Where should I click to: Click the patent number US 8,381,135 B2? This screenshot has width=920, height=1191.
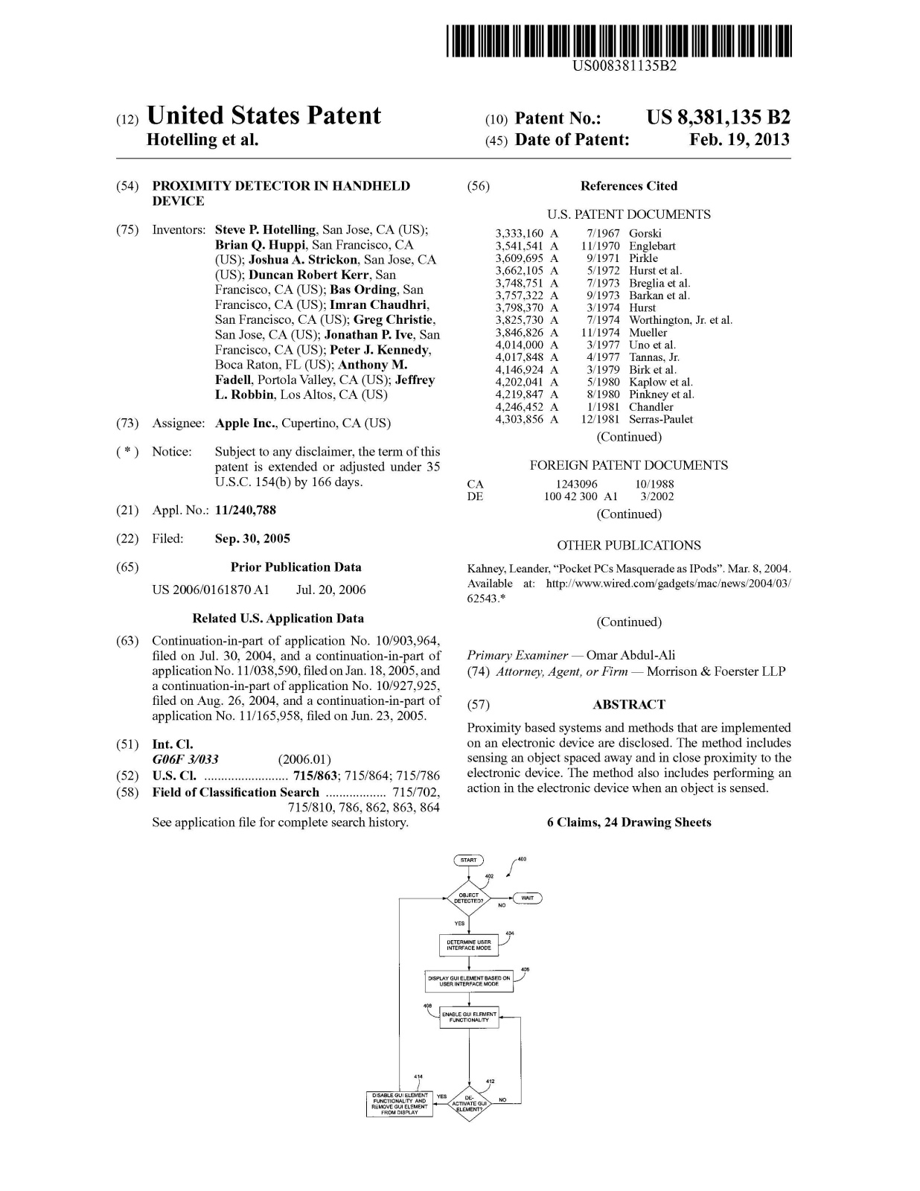[x=718, y=118]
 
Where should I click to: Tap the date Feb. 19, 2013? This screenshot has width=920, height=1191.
[x=739, y=140]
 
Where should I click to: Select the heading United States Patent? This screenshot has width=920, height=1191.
[x=264, y=116]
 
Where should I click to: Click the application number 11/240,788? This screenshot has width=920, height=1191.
[x=245, y=511]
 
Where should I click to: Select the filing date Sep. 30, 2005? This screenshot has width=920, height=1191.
[x=252, y=539]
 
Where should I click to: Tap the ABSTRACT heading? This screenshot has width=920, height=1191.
[x=629, y=704]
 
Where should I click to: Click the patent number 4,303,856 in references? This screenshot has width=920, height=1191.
[x=520, y=420]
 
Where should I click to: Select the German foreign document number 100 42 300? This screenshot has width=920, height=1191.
[x=570, y=496]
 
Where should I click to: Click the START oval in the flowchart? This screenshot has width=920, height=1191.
[x=468, y=860]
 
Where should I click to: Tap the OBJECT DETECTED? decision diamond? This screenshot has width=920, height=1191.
[x=469, y=898]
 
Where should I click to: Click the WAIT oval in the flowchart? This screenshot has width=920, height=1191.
[x=527, y=898]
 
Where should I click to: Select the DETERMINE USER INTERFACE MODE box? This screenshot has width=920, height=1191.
[x=468, y=945]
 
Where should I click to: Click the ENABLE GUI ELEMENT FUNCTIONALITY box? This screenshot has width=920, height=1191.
[x=469, y=1017]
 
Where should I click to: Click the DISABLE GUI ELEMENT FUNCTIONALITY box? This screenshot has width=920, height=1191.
[x=400, y=1103]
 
